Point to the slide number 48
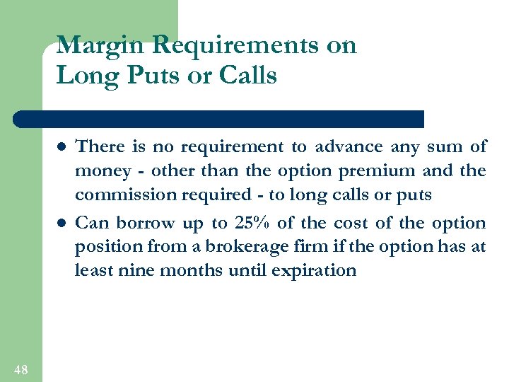[21, 369]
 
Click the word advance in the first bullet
[346, 147]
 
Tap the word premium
[378, 171]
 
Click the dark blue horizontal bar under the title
[219, 118]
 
